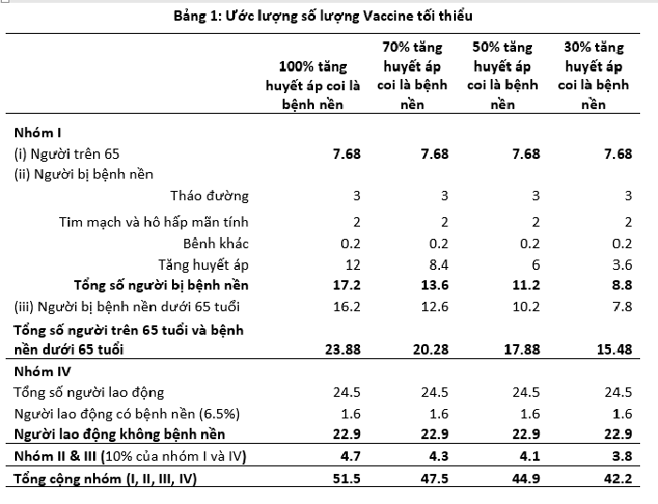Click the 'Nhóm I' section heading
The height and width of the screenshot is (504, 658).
coord(38,133)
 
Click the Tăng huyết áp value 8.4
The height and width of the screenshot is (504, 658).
coord(437,264)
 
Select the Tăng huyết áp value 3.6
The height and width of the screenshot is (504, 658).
coord(620,264)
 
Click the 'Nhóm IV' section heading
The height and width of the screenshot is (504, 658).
coord(39,370)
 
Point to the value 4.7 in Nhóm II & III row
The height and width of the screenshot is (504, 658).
coord(348,457)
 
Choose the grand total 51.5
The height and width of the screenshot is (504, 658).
coord(344,480)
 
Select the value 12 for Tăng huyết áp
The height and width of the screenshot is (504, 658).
coord(352,264)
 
